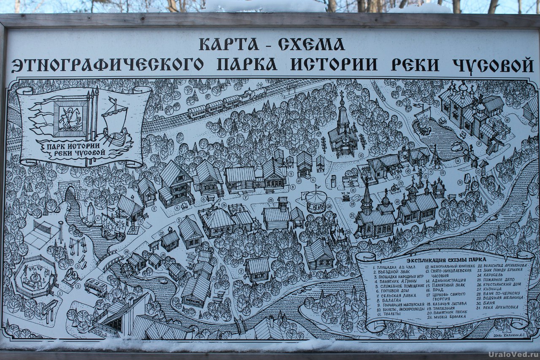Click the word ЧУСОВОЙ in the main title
493,65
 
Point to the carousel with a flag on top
316,201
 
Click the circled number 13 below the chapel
361,155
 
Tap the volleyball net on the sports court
42,228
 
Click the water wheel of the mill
126,269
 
